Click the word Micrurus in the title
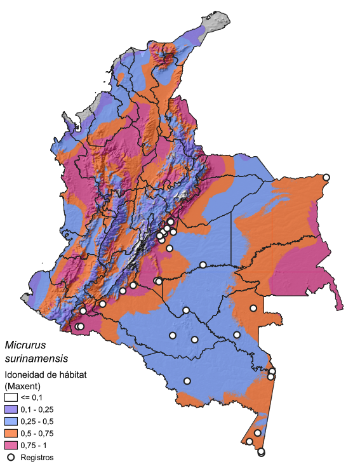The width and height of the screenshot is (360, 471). point(25,345)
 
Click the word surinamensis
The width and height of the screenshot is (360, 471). point(36,359)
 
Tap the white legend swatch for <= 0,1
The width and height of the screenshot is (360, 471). point(11,397)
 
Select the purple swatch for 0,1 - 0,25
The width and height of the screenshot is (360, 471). point(11,409)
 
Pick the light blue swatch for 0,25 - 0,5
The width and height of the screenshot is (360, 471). point(11,421)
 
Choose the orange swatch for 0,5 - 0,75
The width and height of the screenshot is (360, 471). point(11,433)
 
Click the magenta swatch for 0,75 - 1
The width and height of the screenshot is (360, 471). point(11,444)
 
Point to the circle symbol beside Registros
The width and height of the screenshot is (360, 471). point(11,456)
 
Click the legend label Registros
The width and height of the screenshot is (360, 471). point(37,457)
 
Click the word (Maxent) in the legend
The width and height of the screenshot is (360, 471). point(23,385)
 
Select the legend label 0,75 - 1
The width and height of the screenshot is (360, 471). point(34,445)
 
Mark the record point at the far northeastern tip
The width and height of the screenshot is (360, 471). point(326,177)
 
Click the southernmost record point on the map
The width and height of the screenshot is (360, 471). point(261,453)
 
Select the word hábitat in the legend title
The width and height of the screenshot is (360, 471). point(72,375)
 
